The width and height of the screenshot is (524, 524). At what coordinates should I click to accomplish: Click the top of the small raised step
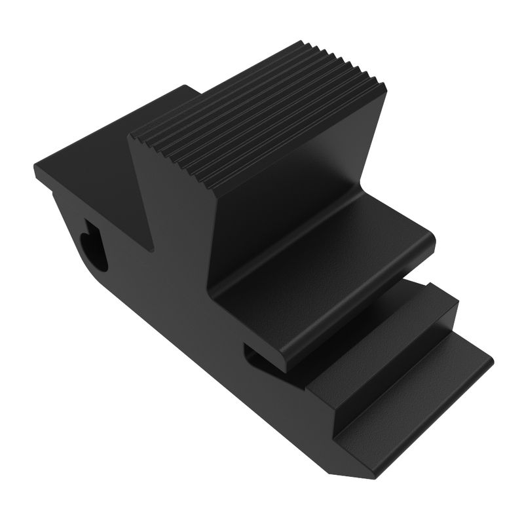(x=393, y=318)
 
